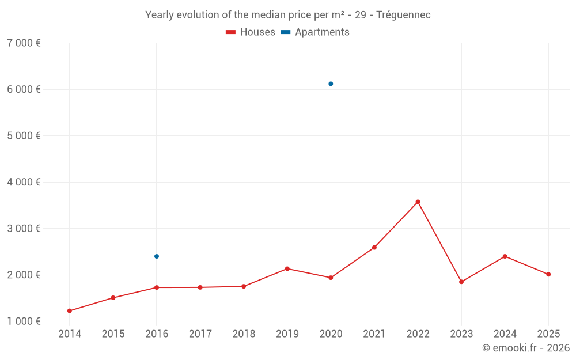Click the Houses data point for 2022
pyautogui.click(x=418, y=202)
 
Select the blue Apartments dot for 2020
pyautogui.click(x=331, y=84)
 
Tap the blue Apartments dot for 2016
pyautogui.click(x=157, y=256)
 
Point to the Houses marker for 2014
pyautogui.click(x=70, y=311)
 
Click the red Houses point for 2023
pyautogui.click(x=461, y=282)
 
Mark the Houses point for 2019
pyautogui.click(x=287, y=268)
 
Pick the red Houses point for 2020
pyautogui.click(x=331, y=278)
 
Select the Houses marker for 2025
pyautogui.click(x=548, y=274)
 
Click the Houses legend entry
pyautogui.click(x=251, y=32)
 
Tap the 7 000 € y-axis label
pyautogui.click(x=24, y=43)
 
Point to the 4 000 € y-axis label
pyautogui.click(x=24, y=182)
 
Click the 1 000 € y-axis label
pyautogui.click(x=24, y=321)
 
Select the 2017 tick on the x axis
pyautogui.click(x=200, y=334)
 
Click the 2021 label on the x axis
pyautogui.click(x=374, y=334)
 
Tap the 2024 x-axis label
pyautogui.click(x=505, y=334)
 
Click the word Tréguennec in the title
pyautogui.click(x=403, y=15)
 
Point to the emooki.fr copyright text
pyautogui.click(x=526, y=348)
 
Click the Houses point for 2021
pyautogui.click(x=374, y=248)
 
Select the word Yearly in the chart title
pyautogui.click(x=160, y=15)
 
